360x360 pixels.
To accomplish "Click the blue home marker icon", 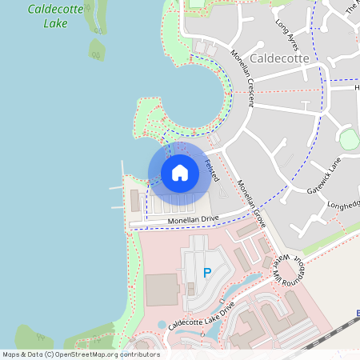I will (x=179, y=173).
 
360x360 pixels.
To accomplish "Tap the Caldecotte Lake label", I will (x=58, y=16).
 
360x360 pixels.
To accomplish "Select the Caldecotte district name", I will (x=278, y=59).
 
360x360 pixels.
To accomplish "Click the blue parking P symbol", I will (x=207, y=273).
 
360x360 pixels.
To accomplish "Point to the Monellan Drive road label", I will (x=192, y=218).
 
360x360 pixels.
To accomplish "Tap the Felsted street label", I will (x=212, y=168).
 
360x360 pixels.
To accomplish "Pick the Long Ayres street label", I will (x=286, y=35).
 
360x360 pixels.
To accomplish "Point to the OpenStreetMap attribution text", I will (x=80, y=354).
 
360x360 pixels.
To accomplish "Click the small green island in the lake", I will (x=97, y=50).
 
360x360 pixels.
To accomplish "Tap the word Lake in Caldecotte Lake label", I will (x=55, y=23).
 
